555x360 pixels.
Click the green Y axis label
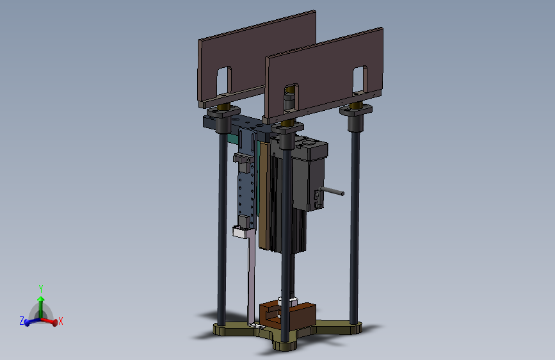click(41, 288)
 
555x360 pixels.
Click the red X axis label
click(61, 321)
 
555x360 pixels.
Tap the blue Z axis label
click(22, 321)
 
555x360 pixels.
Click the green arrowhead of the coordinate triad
click(41, 299)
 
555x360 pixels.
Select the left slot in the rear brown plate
click(223, 80)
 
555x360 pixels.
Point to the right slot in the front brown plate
click(360, 79)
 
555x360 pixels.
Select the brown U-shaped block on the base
click(287, 315)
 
